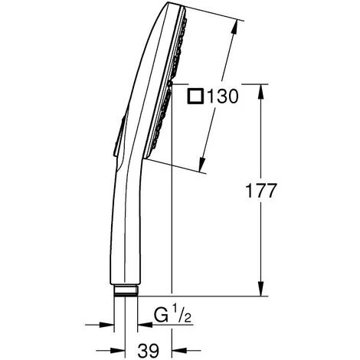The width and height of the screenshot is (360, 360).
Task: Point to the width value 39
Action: pos(149,350)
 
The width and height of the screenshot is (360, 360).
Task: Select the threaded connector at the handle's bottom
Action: pos(127,290)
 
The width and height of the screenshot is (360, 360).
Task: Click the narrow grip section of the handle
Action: pos(123,230)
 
